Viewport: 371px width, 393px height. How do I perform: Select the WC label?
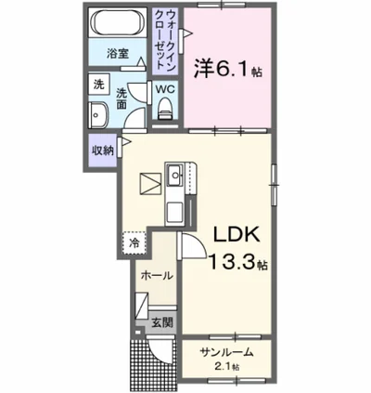[x=166, y=89]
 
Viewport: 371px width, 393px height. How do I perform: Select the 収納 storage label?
[x=103, y=150]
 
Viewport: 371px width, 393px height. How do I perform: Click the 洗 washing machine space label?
[x=99, y=85]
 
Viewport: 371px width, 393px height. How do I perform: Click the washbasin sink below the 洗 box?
[x=98, y=115]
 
